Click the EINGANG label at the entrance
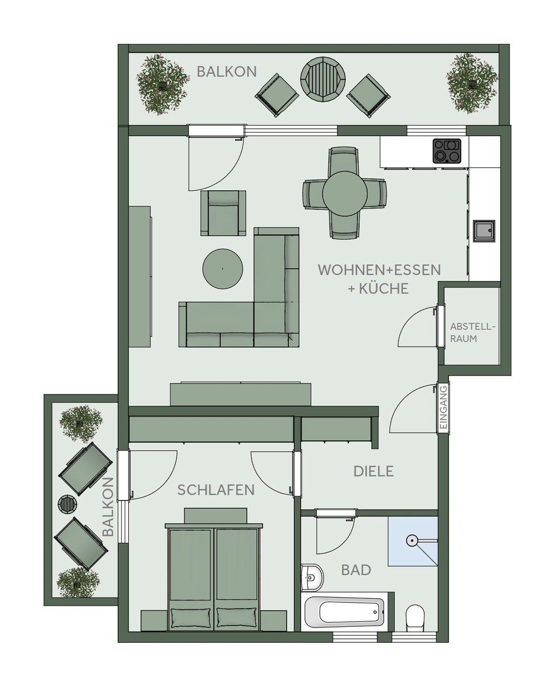tap(443, 408)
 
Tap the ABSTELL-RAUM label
tap(472, 333)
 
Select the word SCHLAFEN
tap(216, 490)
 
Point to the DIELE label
tap(374, 471)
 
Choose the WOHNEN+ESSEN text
tap(379, 270)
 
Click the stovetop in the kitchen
tap(447, 151)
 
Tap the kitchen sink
tap(484, 231)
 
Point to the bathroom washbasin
tap(312, 577)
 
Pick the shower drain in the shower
tap(412, 540)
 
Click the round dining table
tap(344, 193)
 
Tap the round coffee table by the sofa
tap(223, 269)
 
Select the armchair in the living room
tap(223, 213)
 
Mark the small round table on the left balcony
tap(67, 503)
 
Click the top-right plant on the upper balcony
tap(472, 82)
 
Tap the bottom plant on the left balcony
tap(78, 582)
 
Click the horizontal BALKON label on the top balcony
tap(227, 72)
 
